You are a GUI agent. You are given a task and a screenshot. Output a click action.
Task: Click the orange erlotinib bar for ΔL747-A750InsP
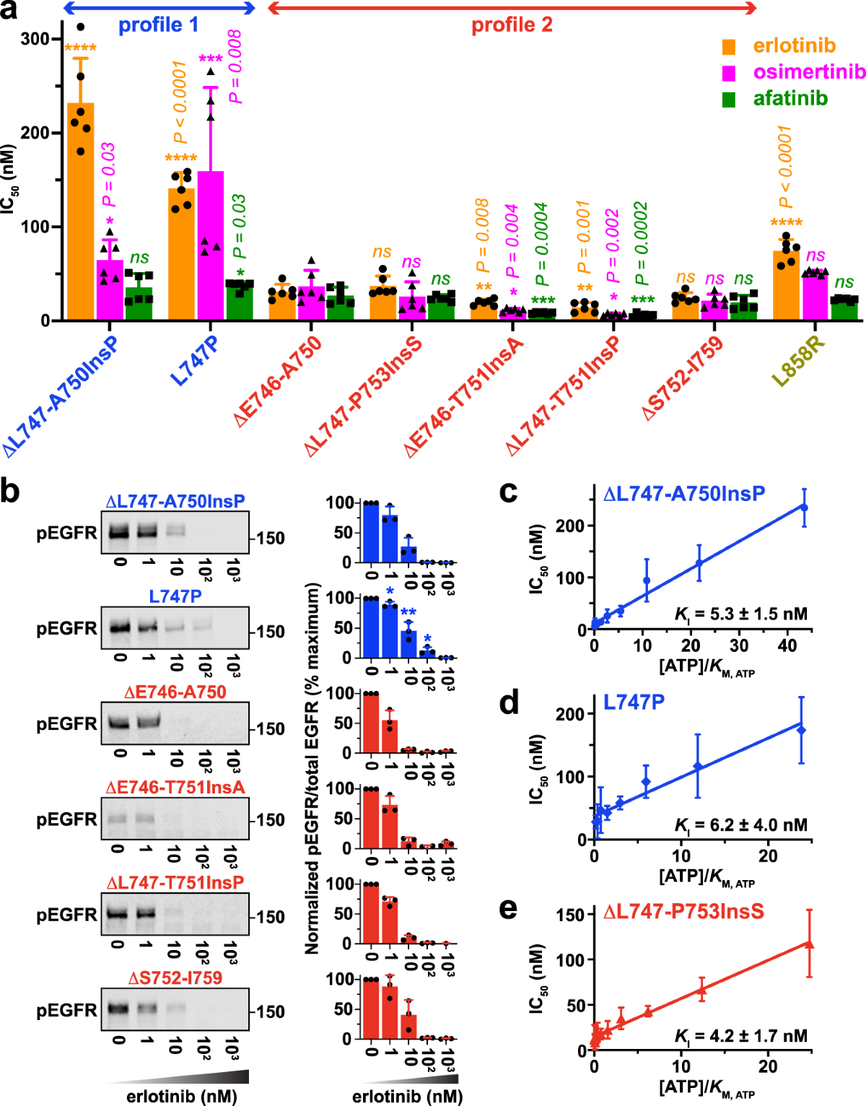pos(80,217)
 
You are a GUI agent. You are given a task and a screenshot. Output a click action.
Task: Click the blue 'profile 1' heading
pos(158,25)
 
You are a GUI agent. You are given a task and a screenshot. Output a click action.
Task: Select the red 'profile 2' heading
pos(512,25)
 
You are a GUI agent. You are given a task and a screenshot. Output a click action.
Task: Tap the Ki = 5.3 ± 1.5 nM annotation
pos(740,614)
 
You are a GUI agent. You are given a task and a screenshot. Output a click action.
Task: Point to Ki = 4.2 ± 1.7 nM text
pos(740,1036)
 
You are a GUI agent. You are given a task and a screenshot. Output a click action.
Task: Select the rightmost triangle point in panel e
pos(809,944)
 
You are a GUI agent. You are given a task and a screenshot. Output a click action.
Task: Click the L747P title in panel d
pos(634,702)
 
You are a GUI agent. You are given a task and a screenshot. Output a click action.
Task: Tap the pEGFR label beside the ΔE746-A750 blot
pos(66,724)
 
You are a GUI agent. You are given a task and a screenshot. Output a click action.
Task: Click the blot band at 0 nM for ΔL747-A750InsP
pos(121,534)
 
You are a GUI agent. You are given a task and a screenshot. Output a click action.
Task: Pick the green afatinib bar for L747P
pos(240,300)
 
